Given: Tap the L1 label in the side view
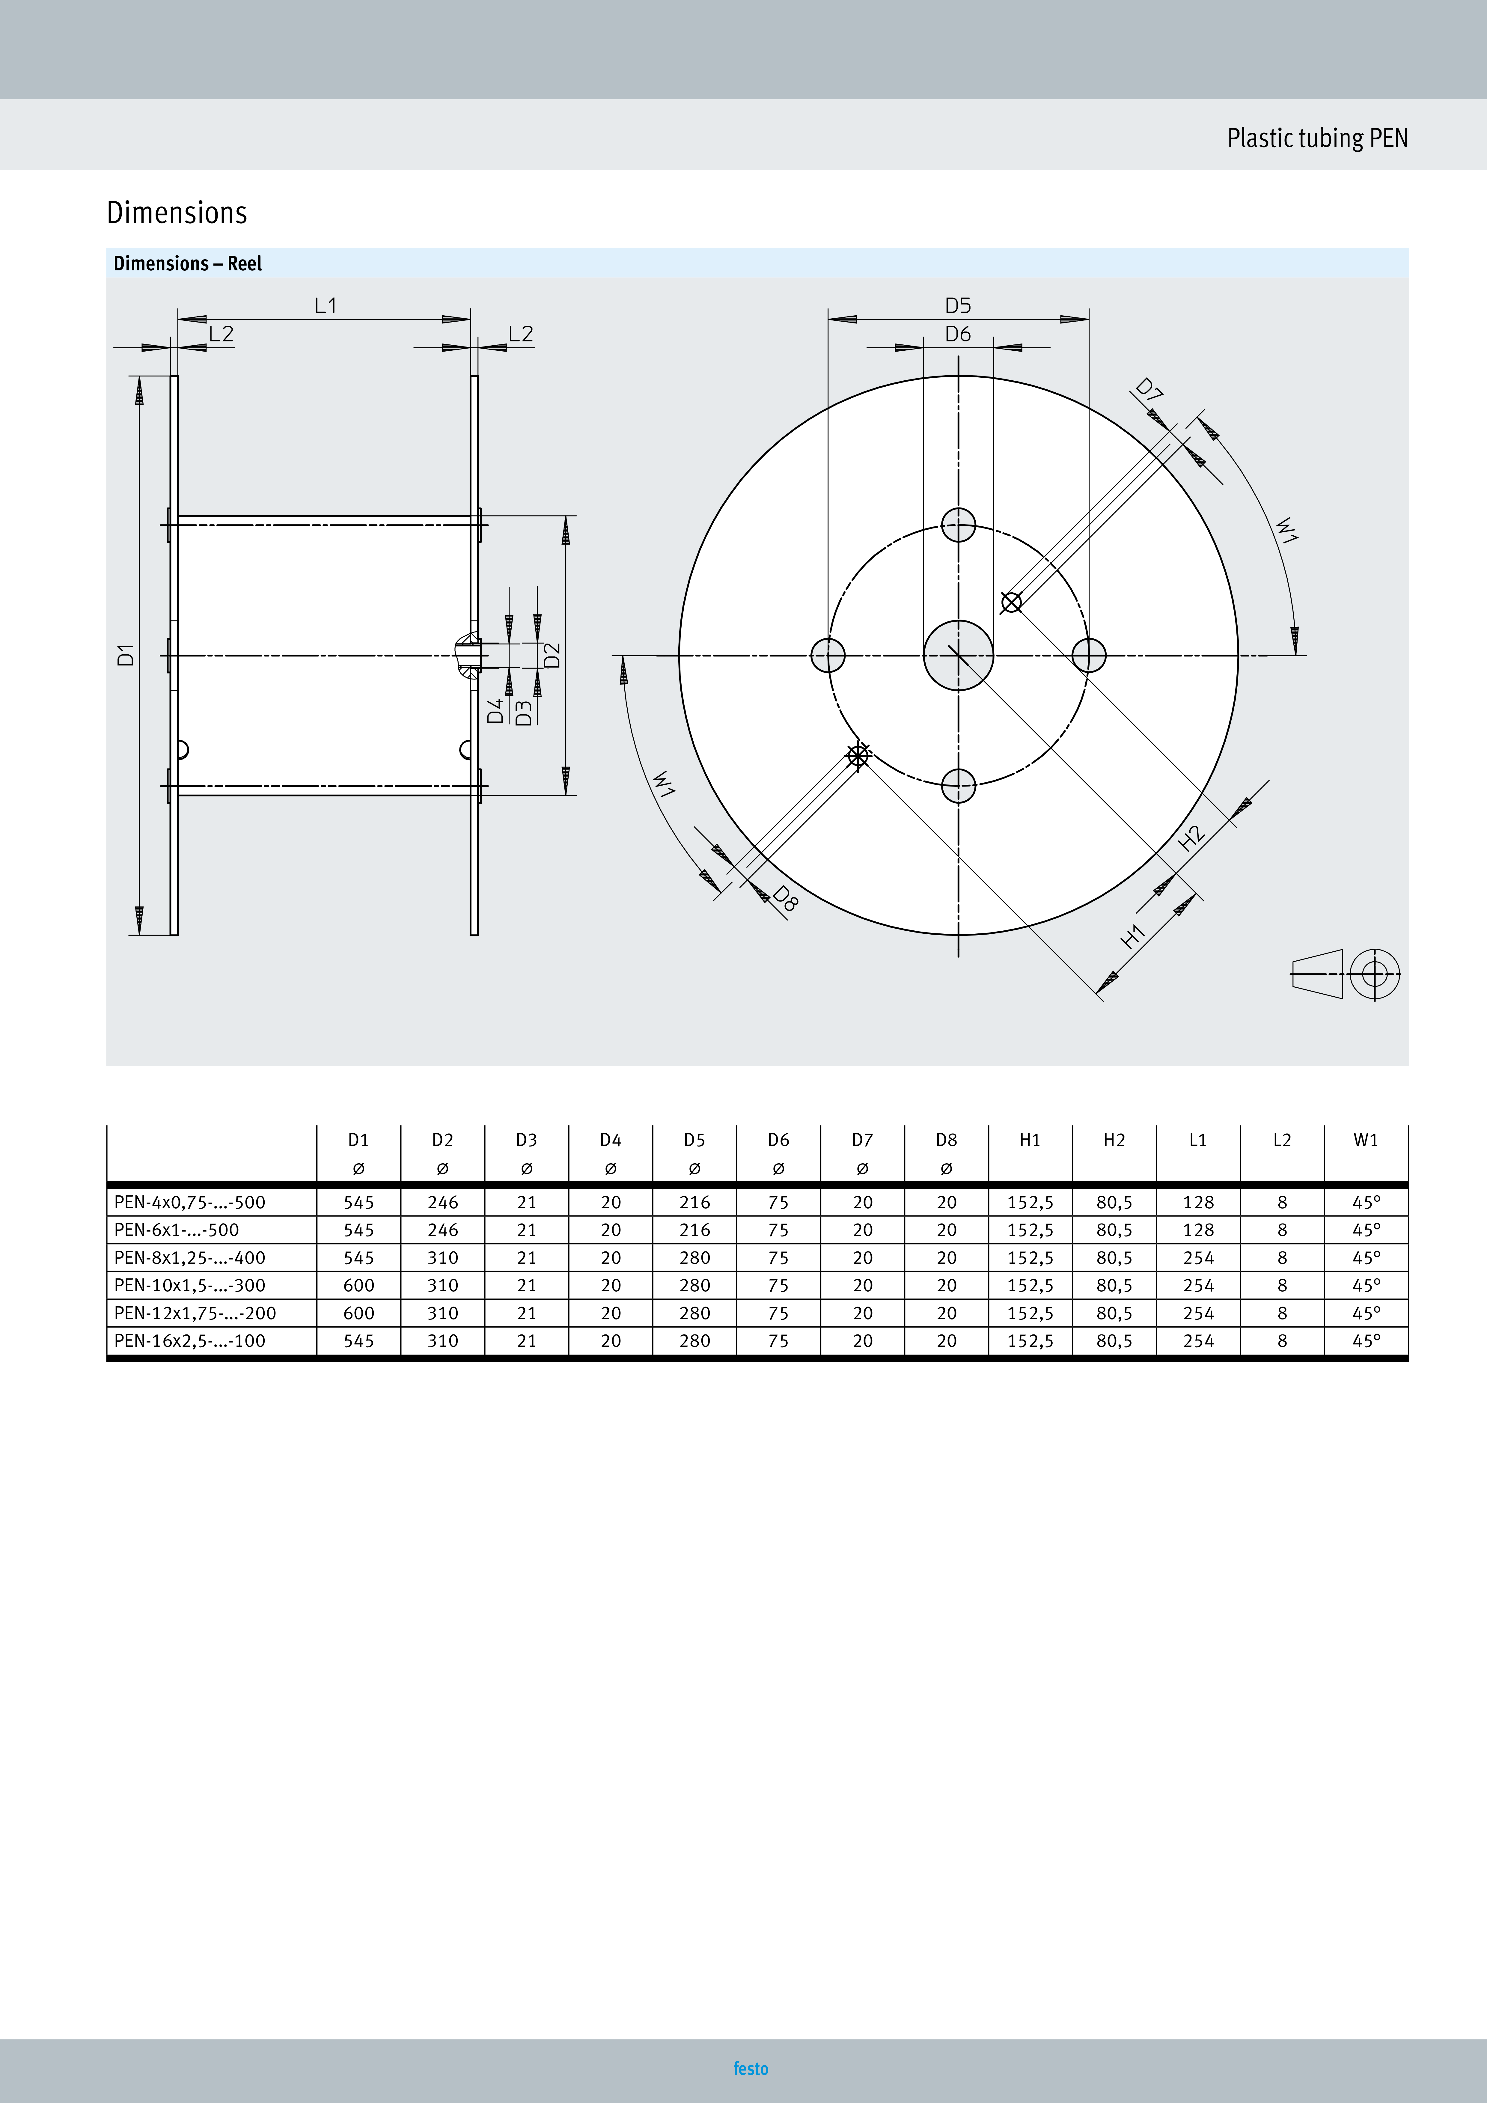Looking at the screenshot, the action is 325,305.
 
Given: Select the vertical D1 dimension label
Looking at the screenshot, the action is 126,655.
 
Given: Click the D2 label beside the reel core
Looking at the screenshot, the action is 552,655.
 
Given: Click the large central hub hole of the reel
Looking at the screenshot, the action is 958,655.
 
